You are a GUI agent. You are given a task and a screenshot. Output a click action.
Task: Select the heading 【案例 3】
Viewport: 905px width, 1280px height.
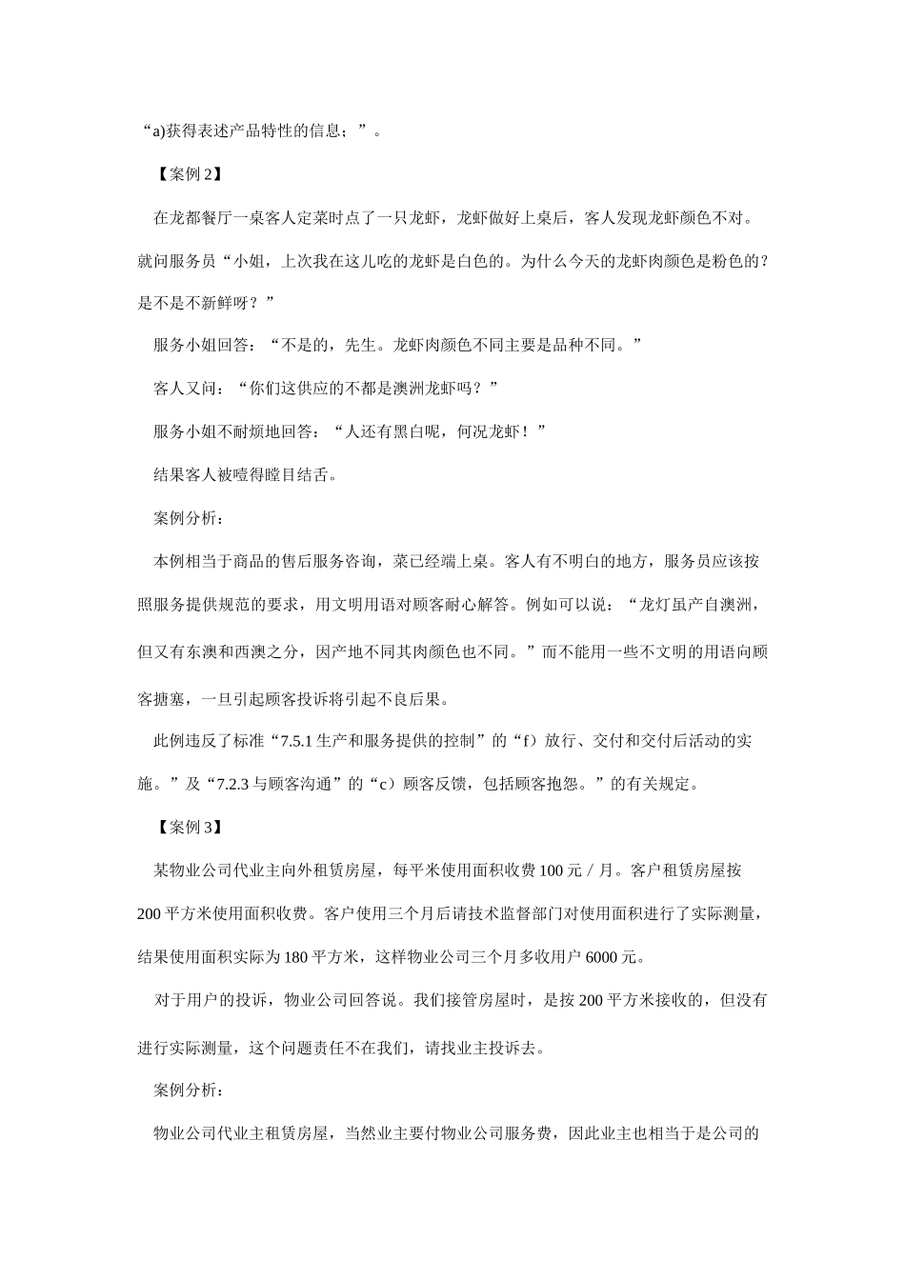click(x=189, y=828)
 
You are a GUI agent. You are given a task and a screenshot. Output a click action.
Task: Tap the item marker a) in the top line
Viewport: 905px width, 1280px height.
click(x=158, y=130)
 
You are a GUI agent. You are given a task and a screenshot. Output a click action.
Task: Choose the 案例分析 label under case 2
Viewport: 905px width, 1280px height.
click(x=190, y=518)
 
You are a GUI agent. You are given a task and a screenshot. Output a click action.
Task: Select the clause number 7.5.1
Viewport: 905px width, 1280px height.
click(x=298, y=740)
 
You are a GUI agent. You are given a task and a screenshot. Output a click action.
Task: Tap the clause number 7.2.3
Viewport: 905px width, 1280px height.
click(x=232, y=785)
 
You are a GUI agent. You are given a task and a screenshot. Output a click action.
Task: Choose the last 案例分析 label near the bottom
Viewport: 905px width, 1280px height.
click(x=190, y=1090)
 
